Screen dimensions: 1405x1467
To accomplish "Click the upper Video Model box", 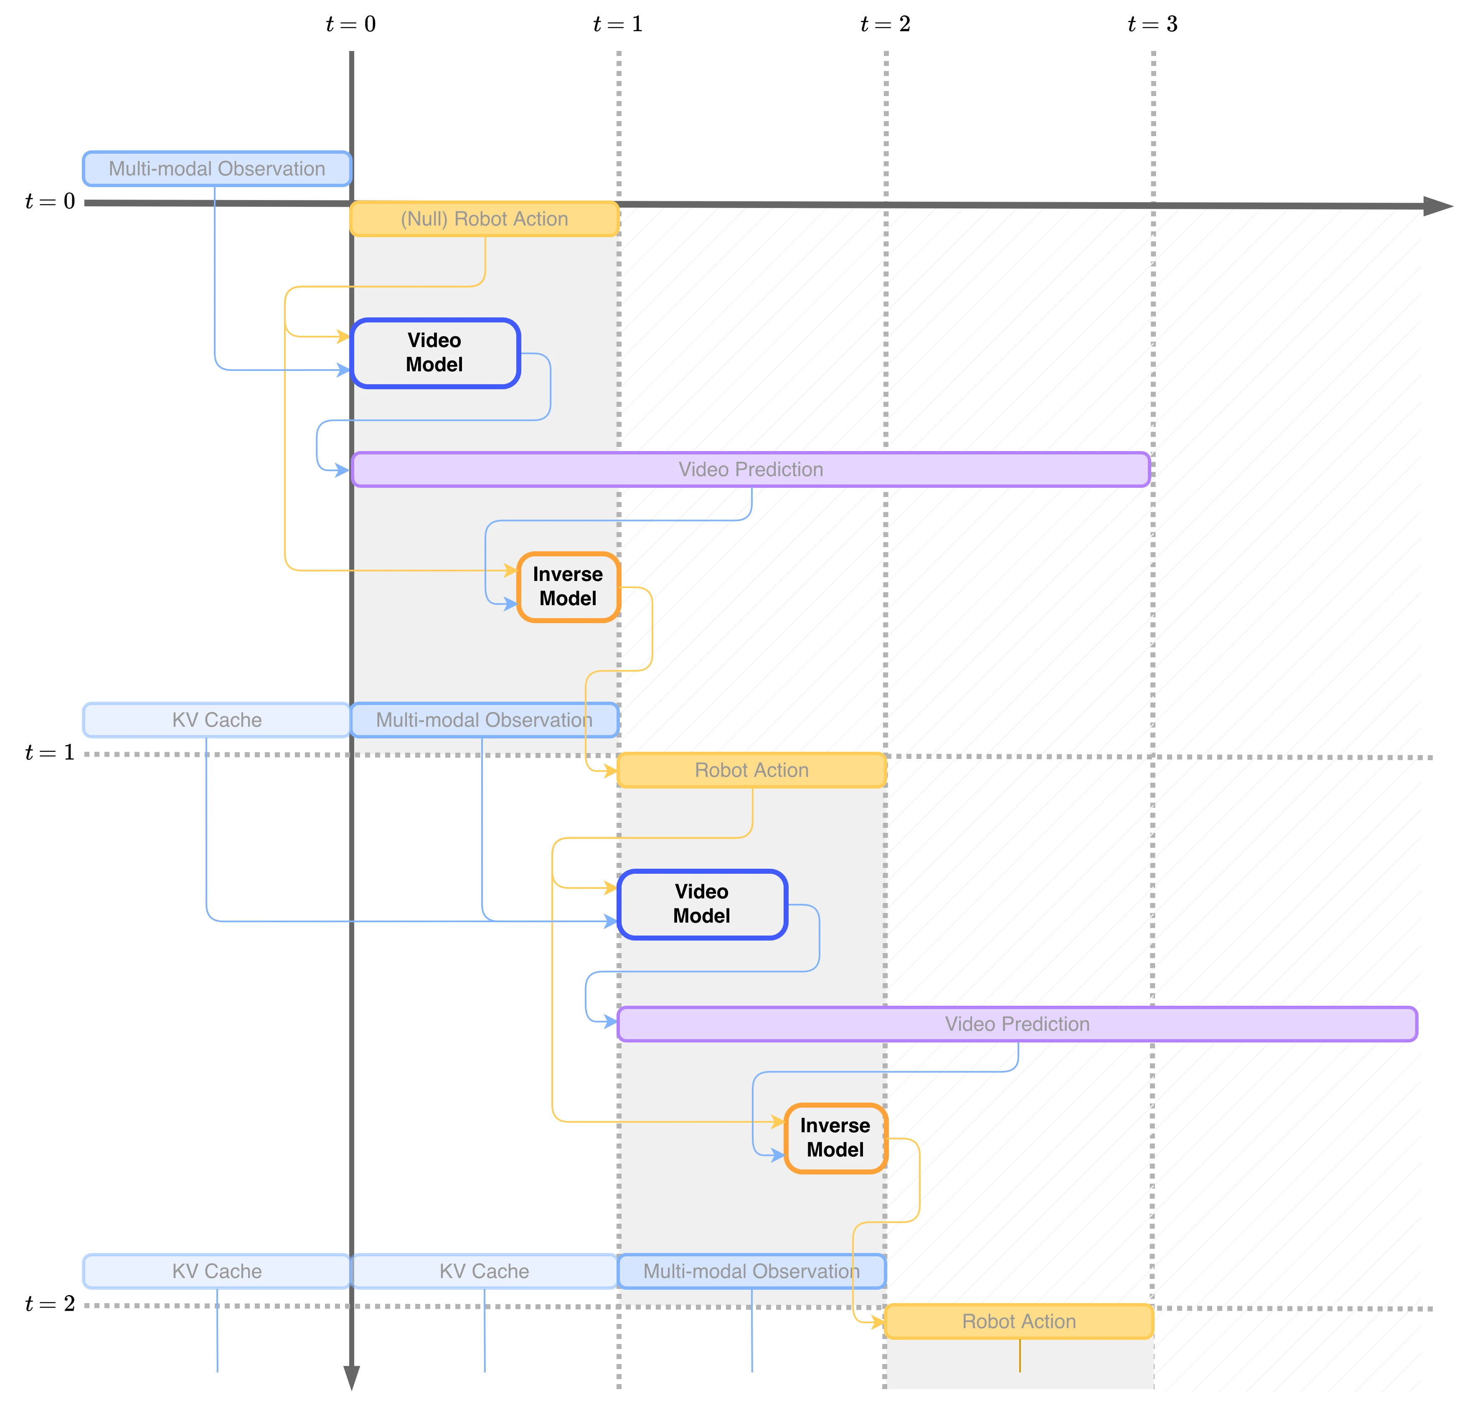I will [x=435, y=353].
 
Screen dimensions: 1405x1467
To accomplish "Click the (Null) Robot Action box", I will [x=484, y=218].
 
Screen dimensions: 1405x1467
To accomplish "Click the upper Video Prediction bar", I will [x=751, y=469].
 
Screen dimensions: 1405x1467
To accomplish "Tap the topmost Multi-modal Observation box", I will [x=217, y=168].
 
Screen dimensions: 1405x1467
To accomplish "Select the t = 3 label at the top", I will [x=1152, y=24].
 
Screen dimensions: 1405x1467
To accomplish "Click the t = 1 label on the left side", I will [x=49, y=752].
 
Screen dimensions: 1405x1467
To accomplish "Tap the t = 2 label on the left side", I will [x=49, y=1303].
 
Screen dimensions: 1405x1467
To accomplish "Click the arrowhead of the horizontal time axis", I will [x=1437, y=206].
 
